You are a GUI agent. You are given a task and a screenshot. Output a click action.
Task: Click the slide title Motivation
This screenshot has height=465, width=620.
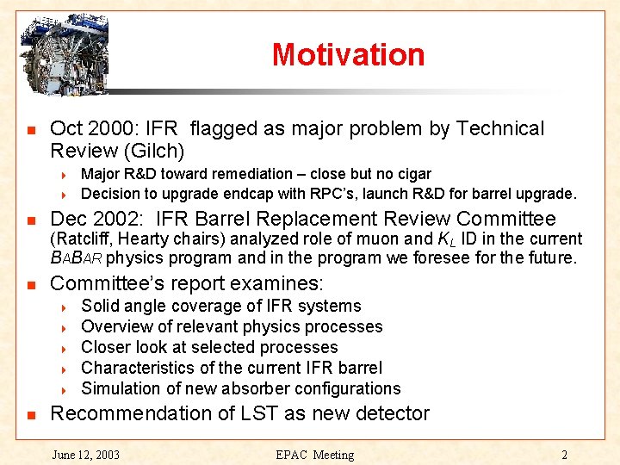click(x=348, y=54)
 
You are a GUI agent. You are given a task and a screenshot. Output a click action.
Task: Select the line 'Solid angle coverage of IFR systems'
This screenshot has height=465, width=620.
click(x=220, y=306)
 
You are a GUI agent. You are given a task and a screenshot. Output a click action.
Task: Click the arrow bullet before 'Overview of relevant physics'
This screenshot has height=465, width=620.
click(x=66, y=327)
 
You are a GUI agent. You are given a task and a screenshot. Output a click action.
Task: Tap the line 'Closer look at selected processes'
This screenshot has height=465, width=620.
click(x=209, y=347)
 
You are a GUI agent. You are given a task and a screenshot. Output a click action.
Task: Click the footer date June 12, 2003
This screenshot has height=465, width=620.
click(x=86, y=455)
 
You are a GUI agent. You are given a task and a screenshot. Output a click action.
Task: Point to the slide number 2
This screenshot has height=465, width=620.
click(x=564, y=455)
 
